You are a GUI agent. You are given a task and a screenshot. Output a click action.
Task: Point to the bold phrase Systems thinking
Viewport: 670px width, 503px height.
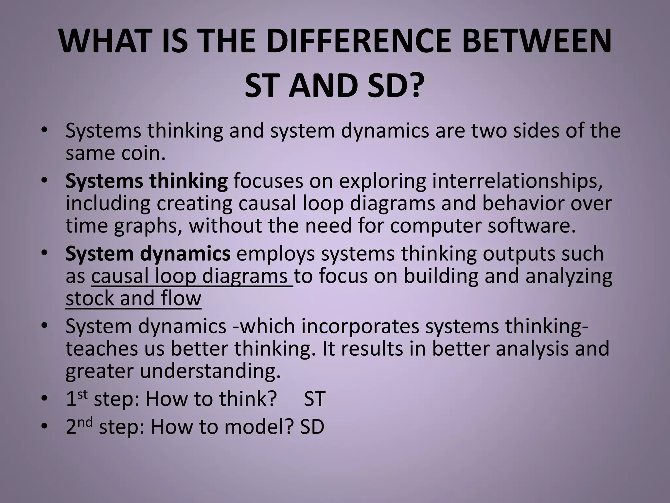pyautogui.click(x=147, y=181)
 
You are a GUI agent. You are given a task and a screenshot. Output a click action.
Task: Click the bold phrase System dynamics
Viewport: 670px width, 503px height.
pyautogui.click(x=148, y=254)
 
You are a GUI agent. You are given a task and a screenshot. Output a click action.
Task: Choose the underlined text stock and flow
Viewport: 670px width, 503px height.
pyautogui.click(x=133, y=299)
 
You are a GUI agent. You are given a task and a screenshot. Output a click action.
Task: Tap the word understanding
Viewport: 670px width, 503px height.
pyautogui.click(x=210, y=371)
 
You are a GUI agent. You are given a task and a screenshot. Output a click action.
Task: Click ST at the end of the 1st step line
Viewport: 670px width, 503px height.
pyautogui.click(x=314, y=400)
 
